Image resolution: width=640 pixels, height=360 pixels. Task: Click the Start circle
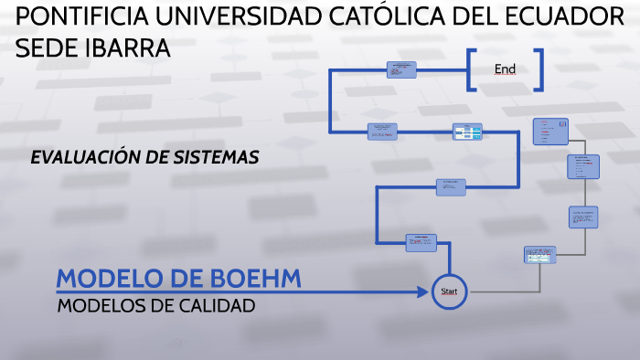tap(449, 291)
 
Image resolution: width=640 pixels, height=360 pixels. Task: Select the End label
tap(505, 69)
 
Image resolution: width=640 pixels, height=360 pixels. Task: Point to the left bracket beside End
tap(471, 69)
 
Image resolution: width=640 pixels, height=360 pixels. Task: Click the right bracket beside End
tap(540, 69)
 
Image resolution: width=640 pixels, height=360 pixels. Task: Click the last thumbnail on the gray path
tap(551, 132)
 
